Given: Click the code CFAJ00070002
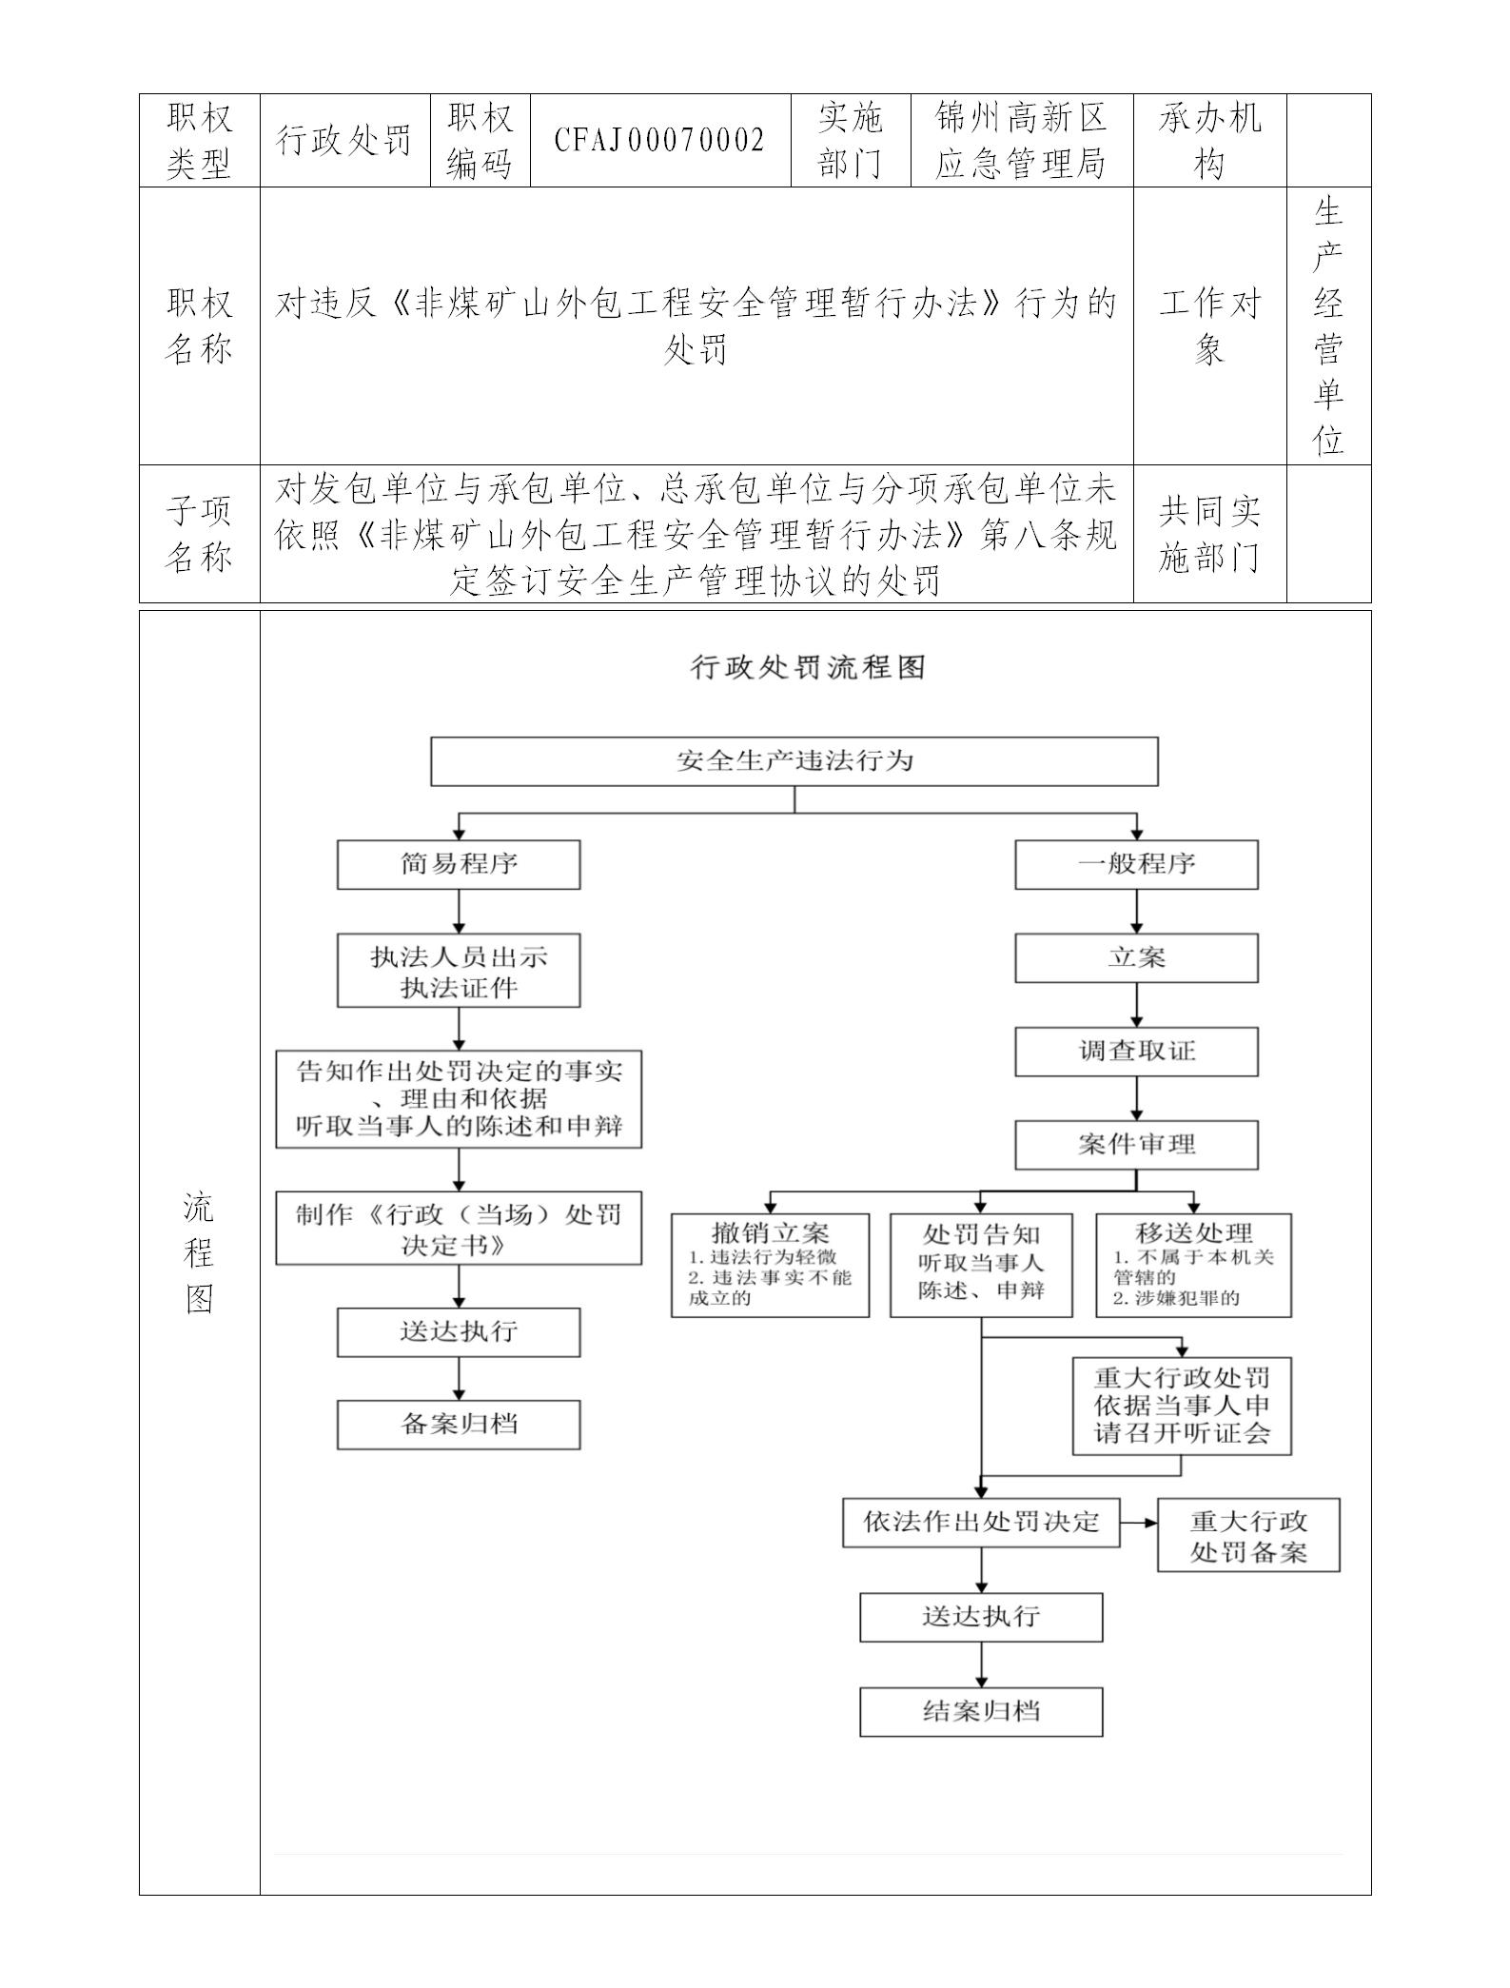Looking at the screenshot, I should point(660,141).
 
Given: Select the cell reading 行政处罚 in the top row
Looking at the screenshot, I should point(344,141).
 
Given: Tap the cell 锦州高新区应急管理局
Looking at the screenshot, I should point(1021,141).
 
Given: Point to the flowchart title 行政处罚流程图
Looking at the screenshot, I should point(808,667).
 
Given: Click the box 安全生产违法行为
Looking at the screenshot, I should point(794,761).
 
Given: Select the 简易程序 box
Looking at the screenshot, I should point(459,864).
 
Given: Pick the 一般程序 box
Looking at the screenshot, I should point(1136,864).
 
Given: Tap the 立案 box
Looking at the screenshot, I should point(1136,958).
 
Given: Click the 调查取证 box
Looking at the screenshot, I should point(1136,1052).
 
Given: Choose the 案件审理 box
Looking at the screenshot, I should point(1136,1145).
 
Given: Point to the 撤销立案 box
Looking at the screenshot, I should point(770,1265).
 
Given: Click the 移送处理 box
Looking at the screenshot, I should point(1193,1265).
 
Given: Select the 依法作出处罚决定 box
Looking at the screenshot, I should point(981,1522).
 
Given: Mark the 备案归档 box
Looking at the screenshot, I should point(459,1425).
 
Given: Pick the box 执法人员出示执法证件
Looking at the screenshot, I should point(459,972).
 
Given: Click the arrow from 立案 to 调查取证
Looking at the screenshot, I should point(1136,1005).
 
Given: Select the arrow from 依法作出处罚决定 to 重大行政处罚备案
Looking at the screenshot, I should point(1139,1522).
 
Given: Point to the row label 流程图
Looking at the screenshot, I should point(199,1252).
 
